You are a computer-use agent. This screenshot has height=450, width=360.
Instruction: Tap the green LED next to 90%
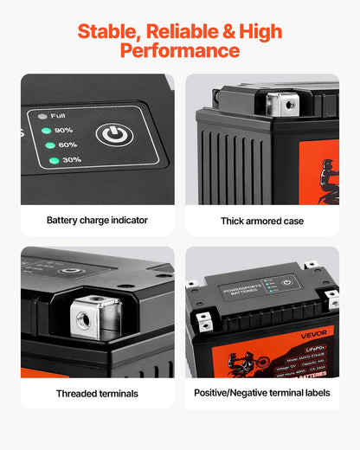click(x=45, y=131)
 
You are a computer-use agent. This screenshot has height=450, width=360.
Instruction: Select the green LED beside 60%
click(x=49, y=145)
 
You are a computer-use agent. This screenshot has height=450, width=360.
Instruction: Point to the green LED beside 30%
click(x=54, y=160)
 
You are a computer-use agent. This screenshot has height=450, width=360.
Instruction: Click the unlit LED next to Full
click(x=41, y=115)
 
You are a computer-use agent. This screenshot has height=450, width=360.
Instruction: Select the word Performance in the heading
click(x=180, y=51)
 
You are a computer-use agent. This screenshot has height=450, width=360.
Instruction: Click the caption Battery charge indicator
click(x=97, y=220)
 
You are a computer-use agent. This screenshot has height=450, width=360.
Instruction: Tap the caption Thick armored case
click(x=262, y=221)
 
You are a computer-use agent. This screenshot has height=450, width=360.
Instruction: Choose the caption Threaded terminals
click(x=97, y=394)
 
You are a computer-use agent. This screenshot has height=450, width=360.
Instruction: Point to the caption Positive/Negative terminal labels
click(x=262, y=393)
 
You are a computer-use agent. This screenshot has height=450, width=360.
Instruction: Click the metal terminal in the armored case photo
click(x=281, y=106)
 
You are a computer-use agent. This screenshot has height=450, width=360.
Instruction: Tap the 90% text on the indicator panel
click(x=63, y=130)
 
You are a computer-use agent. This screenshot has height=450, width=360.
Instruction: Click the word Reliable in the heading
click(x=177, y=33)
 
